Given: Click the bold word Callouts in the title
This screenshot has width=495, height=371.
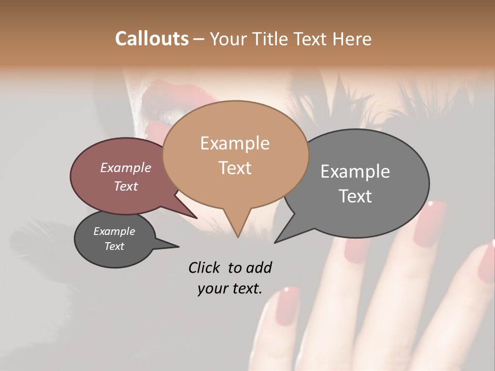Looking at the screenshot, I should (152, 39).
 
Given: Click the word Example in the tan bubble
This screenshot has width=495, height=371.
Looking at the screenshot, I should (235, 143).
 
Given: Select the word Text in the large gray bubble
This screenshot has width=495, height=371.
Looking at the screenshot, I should (355, 196).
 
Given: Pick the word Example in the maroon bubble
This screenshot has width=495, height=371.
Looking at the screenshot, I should (125, 167).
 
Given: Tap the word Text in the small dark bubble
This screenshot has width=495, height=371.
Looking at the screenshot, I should (114, 246).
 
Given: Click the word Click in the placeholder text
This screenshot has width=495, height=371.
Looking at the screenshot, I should (205, 267).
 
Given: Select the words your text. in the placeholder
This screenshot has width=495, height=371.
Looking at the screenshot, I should (229, 289).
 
